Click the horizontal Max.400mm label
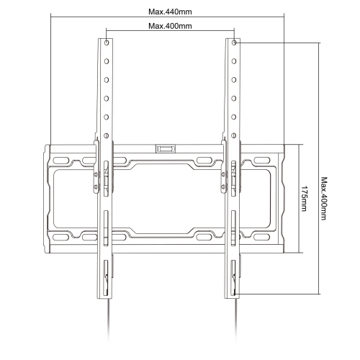[169, 27]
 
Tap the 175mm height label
[305, 199]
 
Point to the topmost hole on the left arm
[106, 44]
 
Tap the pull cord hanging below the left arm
[107, 328]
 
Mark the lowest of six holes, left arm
[106, 134]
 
